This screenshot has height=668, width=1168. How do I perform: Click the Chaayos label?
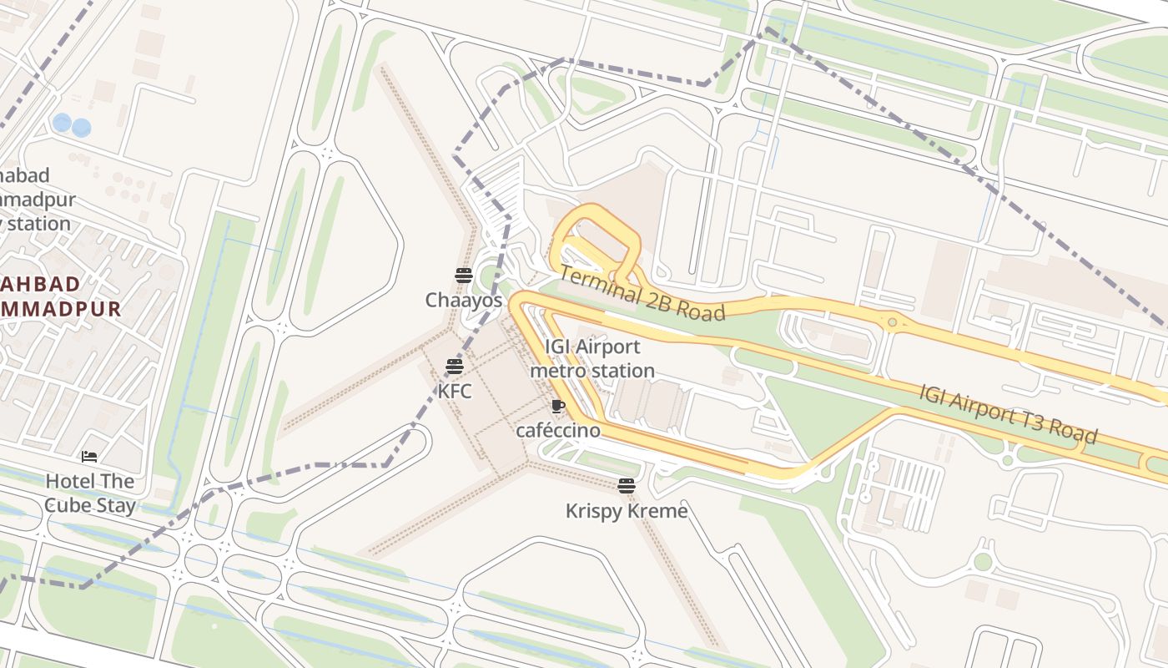pyautogui.click(x=464, y=301)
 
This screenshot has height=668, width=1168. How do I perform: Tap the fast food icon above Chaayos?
pyautogui.click(x=464, y=276)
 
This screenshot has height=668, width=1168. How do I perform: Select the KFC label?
pyautogui.click(x=455, y=391)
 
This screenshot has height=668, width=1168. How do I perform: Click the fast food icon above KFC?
pyautogui.click(x=455, y=366)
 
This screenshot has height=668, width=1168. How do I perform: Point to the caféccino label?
pyautogui.click(x=558, y=431)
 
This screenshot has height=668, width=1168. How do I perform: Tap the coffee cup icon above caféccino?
pyautogui.click(x=558, y=407)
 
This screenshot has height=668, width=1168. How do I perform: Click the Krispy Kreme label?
pyautogui.click(x=627, y=511)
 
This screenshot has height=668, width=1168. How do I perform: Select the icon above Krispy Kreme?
pyautogui.click(x=627, y=486)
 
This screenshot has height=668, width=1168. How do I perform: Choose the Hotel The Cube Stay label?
pyautogui.click(x=89, y=493)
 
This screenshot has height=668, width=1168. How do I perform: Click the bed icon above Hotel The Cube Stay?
pyautogui.click(x=89, y=457)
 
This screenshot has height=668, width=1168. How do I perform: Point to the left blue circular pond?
pyautogui.click(x=63, y=123)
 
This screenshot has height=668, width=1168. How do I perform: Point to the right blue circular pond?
pyautogui.click(x=81, y=128)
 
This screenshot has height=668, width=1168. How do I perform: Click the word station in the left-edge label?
pyautogui.click(x=38, y=224)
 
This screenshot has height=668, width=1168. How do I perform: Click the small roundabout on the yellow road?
pyautogui.click(x=893, y=321)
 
